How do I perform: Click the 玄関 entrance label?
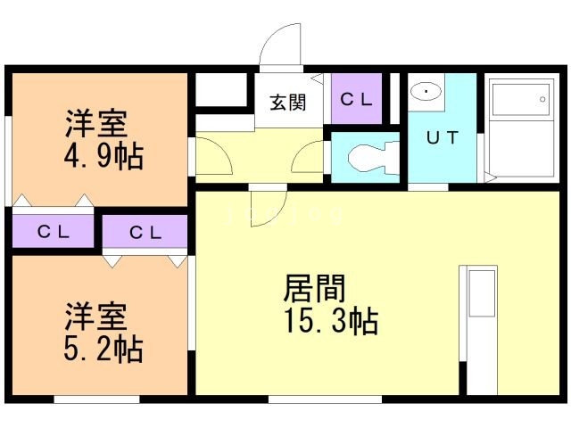pyautogui.click(x=287, y=103)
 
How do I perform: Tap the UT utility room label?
pyautogui.click(x=443, y=137)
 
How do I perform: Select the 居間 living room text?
pyautogui.click(x=314, y=289)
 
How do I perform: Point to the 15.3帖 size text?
pyautogui.click(x=331, y=321)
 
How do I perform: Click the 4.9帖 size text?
pyautogui.click(x=103, y=156)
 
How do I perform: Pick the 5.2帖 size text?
pyautogui.click(x=103, y=349)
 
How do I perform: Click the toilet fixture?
pyautogui.click(x=373, y=157)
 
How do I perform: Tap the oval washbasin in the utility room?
pyautogui.click(x=426, y=91)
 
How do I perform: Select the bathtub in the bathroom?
pyautogui.click(x=520, y=100)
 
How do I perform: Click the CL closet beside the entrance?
pyautogui.click(x=357, y=99)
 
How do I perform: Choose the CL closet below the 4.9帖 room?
pyautogui.click(x=54, y=231)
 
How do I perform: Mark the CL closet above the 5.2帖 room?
pyautogui.click(x=145, y=232)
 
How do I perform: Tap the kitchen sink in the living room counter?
pyautogui.click(x=482, y=293)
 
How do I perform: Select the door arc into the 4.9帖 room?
pyautogui.click(x=223, y=149)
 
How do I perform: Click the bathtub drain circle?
pyautogui.click(x=542, y=99)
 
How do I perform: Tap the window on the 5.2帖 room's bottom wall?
pyautogui.click(x=97, y=399)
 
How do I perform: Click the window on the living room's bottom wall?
pyautogui.click(x=325, y=399)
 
